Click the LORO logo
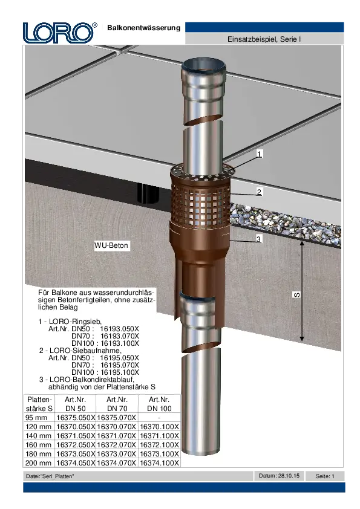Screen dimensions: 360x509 click(x=60, y=33)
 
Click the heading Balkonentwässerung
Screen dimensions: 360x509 click(x=143, y=28)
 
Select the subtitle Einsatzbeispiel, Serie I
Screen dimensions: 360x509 click(x=264, y=39)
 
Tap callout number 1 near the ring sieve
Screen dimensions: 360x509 click(x=260, y=154)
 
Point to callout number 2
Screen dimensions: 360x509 click(x=259, y=192)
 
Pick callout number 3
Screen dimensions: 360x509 click(x=258, y=239)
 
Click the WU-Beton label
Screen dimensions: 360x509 click(x=111, y=245)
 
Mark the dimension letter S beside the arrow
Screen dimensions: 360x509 click(x=296, y=295)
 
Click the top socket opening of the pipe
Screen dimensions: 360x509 click(x=203, y=65)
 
